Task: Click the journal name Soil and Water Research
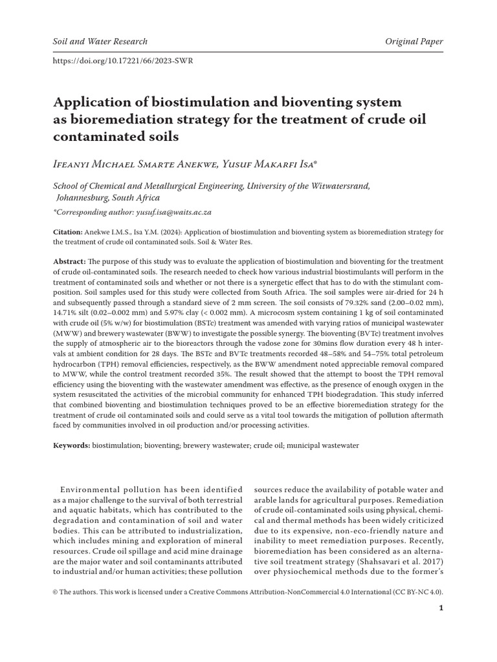click(100, 41)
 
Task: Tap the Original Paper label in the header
click(414, 41)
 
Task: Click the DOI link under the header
click(122, 61)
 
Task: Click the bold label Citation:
click(67, 231)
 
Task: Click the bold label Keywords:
click(71, 445)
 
